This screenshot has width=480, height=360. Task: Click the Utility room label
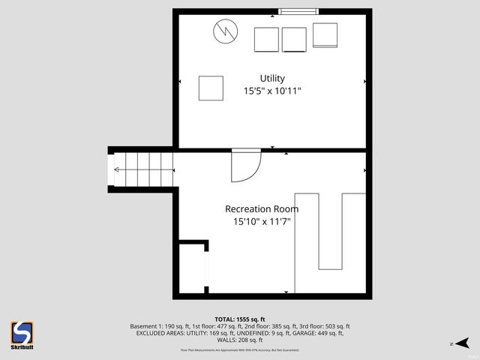[x=272, y=78]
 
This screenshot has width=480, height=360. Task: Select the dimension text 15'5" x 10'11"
[x=272, y=91]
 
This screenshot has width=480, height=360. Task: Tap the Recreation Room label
[x=262, y=209]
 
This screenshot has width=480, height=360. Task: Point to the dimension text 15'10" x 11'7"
[x=262, y=222]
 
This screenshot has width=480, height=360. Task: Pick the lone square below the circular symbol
[x=211, y=88]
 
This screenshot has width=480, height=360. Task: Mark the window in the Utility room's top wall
[x=298, y=11]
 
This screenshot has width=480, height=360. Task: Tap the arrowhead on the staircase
[x=117, y=169]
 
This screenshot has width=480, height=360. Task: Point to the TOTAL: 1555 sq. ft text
[x=240, y=319]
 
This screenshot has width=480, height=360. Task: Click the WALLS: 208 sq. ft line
[x=240, y=340]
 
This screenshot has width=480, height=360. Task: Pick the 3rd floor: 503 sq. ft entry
[x=323, y=327]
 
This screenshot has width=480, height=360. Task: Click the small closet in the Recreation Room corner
[x=193, y=268]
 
